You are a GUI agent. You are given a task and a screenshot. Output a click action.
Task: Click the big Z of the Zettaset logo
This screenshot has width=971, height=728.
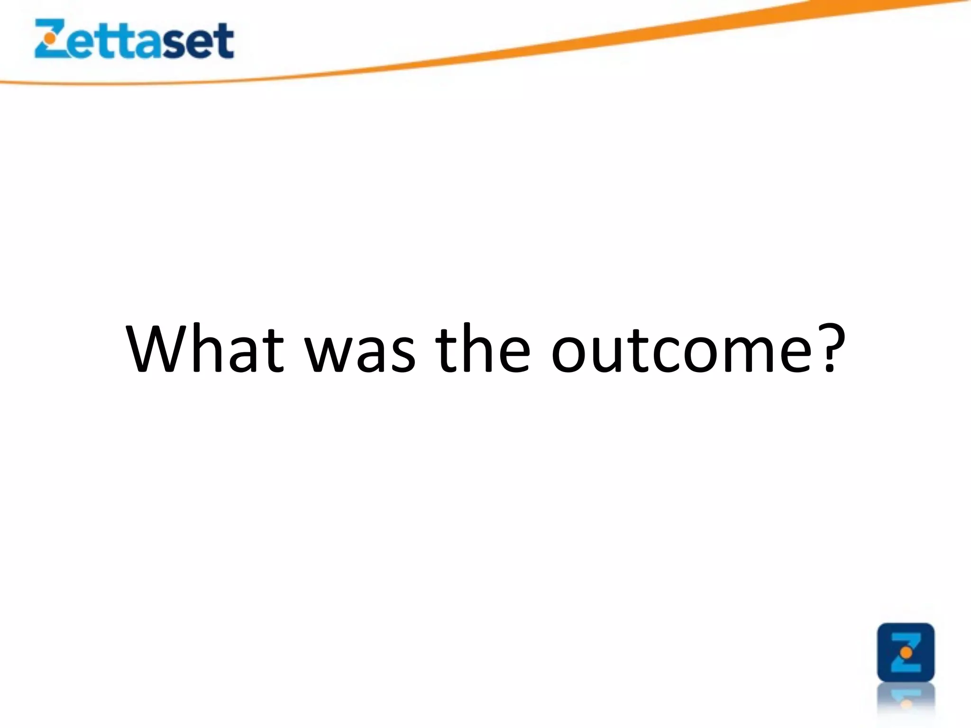pos(50,39)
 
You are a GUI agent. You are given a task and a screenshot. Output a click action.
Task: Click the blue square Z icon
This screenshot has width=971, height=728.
pos(906,652)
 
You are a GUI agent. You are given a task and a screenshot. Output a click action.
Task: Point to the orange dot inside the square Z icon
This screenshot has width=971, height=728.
pos(906,653)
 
